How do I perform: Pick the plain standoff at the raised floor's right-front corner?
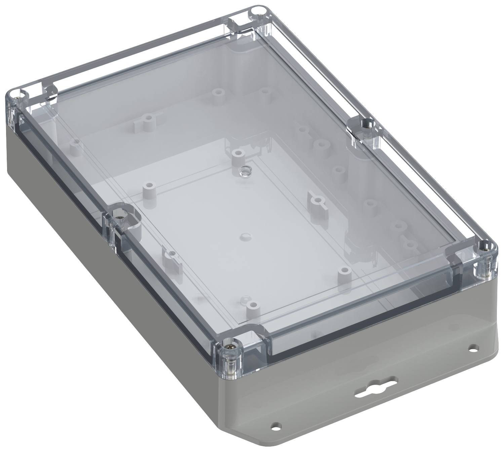point(343,271)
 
